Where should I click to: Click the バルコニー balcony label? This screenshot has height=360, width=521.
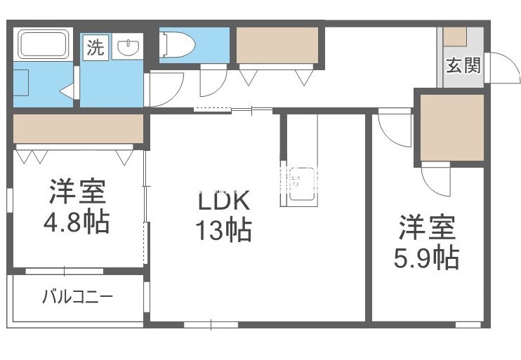pos(77,296)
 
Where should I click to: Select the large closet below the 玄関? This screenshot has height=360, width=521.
pos(452,128)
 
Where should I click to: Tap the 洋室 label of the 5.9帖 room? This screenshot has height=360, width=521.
pos(427,229)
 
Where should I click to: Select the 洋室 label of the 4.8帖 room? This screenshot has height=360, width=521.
pos(77,192)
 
